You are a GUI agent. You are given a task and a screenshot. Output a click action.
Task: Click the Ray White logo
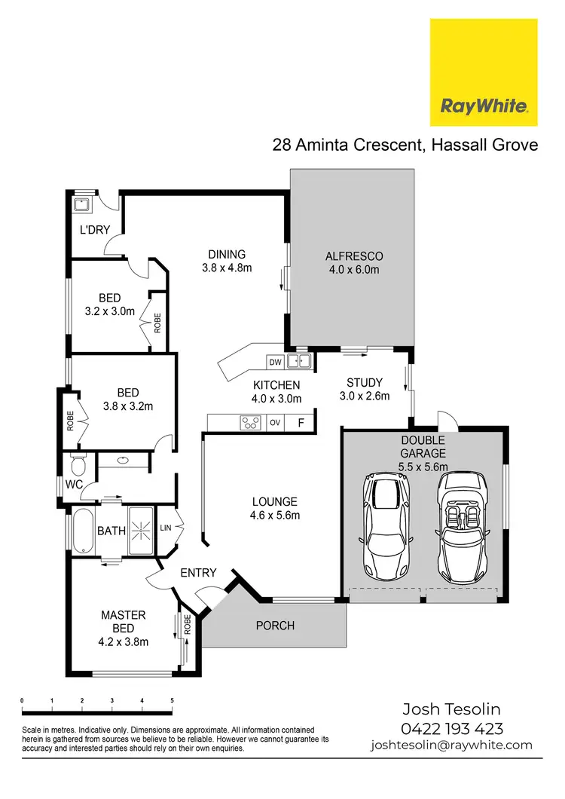coord(483,72)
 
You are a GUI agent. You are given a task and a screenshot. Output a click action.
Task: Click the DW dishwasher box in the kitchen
coord(276,363)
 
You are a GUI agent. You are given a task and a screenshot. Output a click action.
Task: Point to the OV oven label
coord(275,423)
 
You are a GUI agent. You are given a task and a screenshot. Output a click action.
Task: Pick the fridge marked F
coord(301,423)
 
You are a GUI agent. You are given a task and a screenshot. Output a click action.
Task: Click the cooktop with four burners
coord(249,423)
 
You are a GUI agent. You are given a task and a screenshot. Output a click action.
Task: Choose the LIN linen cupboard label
coord(165,528)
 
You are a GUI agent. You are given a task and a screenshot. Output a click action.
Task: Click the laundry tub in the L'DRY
coord(82,204)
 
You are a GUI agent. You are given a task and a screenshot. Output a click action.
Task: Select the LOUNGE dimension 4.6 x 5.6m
coord(274,516)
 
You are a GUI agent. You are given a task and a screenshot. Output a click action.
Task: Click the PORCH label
coord(275,626)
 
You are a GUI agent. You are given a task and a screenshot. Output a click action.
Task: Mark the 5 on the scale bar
coord(173,701)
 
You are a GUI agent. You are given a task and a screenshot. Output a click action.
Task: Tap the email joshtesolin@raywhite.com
coord(450,745)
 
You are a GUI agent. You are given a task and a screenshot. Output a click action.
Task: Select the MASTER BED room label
coord(124,622)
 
